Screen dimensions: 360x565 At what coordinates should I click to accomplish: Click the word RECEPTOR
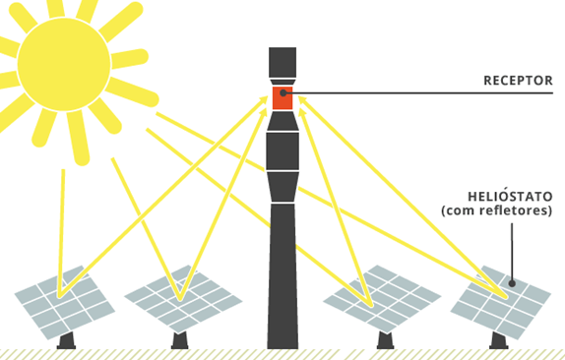pos(518,81)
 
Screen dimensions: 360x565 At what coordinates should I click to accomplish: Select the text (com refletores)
pos(496,210)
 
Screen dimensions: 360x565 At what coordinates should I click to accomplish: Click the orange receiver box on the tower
pos(282,97)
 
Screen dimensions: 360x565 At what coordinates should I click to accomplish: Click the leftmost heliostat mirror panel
pos(64,300)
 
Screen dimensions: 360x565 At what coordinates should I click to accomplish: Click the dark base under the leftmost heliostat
pos(66,341)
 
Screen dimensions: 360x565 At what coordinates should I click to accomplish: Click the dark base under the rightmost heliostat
pos(498,341)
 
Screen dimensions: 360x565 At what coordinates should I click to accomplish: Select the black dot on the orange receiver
pos(282,93)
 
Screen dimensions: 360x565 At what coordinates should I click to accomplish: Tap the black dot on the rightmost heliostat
pos(513,284)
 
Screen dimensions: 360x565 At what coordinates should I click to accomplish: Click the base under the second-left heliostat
pos(178,340)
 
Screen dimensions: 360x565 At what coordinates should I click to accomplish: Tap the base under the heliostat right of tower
pos(383,340)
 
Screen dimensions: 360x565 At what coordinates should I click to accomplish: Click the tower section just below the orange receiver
pos(282,121)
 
